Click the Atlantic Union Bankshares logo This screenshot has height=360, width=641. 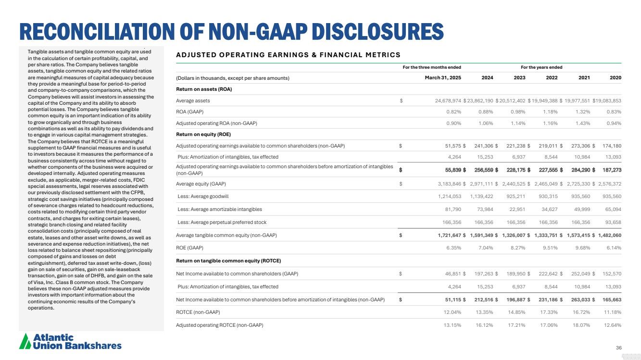point(70,342)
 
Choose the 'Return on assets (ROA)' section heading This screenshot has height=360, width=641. point(204,89)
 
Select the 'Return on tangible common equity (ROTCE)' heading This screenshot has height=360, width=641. point(228,261)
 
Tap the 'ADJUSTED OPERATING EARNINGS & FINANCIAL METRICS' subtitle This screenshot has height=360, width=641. point(288,55)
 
